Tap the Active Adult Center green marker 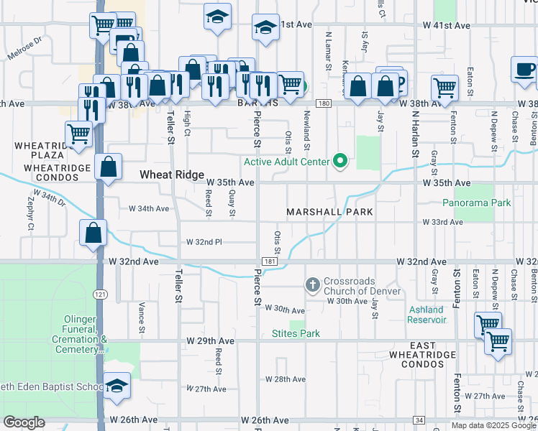(x=342, y=162)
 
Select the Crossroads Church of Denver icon (x=313, y=285)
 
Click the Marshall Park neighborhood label (x=329, y=212)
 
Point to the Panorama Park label (x=476, y=203)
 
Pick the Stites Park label (x=296, y=333)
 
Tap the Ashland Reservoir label (x=427, y=315)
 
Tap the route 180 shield (x=324, y=104)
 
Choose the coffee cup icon (x=524, y=69)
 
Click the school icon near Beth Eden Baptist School (x=117, y=386)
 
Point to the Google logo (x=24, y=423)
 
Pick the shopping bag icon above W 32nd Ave (x=94, y=233)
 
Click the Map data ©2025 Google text (x=493, y=425)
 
